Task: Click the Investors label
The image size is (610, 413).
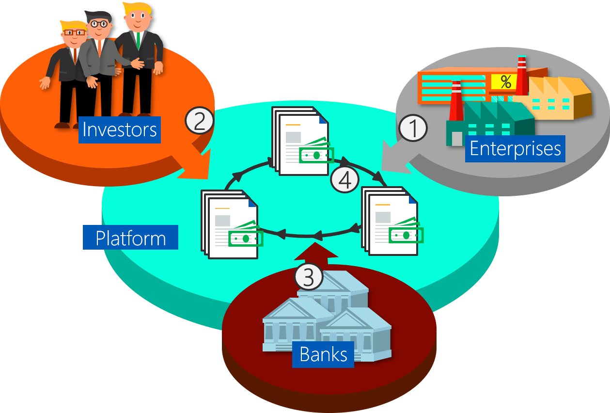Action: tap(119, 129)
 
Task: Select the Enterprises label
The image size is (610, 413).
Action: tap(515, 148)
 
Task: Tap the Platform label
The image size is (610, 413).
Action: tap(130, 238)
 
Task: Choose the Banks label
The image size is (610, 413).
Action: tap(323, 354)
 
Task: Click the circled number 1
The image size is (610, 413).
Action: tap(413, 128)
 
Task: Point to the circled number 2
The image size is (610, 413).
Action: tap(199, 121)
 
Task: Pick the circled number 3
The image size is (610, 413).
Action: tap(309, 276)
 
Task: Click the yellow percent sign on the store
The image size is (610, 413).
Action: tap(505, 82)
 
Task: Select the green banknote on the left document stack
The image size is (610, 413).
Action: tap(246, 237)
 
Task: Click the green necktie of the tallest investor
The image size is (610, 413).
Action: tap(138, 41)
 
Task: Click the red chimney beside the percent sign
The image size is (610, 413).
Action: tap(521, 75)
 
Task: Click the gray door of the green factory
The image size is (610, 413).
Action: tap(457, 139)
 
